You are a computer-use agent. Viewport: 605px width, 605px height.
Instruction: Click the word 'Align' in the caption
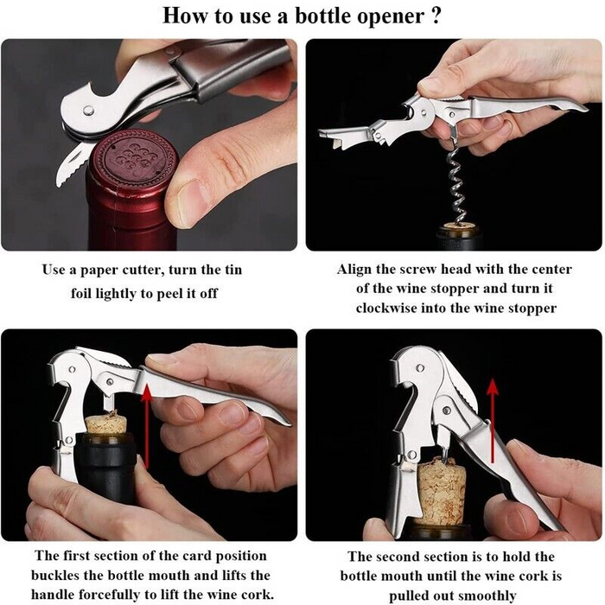point(357,270)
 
